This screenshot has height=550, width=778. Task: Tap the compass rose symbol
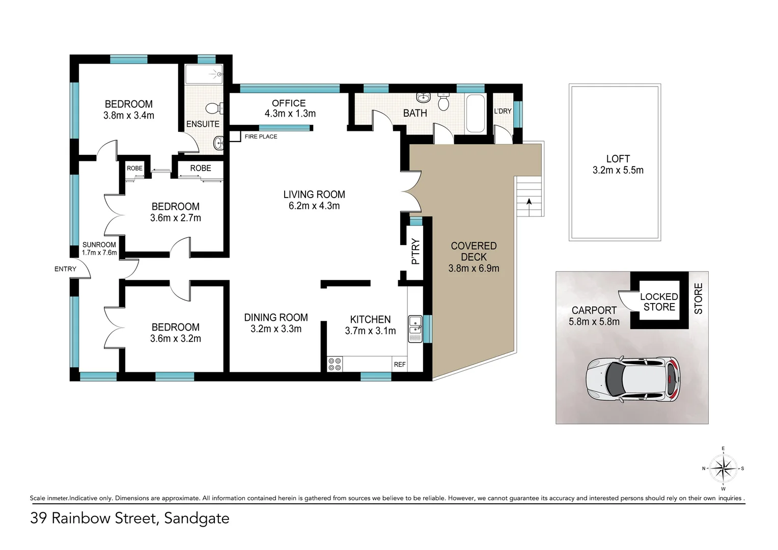click(723, 468)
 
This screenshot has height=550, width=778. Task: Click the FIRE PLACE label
click(261, 136)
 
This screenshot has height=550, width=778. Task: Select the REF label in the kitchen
click(400, 364)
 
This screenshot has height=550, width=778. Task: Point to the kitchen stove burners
click(335, 364)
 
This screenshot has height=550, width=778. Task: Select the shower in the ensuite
click(204, 74)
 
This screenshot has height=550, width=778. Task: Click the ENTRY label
click(65, 269)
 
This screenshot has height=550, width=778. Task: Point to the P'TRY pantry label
click(415, 252)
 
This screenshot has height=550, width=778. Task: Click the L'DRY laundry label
click(503, 111)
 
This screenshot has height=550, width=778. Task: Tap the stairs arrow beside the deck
click(530, 202)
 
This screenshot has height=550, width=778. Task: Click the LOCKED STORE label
click(659, 302)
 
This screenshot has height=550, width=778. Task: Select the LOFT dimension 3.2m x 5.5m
click(618, 171)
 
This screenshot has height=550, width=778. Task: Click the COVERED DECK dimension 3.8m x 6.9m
click(474, 268)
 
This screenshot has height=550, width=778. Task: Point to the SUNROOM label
click(99, 244)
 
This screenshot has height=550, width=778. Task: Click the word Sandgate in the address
click(197, 518)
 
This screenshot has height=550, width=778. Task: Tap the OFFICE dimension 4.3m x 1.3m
click(290, 114)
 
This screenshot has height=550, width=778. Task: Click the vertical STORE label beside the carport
click(699, 298)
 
